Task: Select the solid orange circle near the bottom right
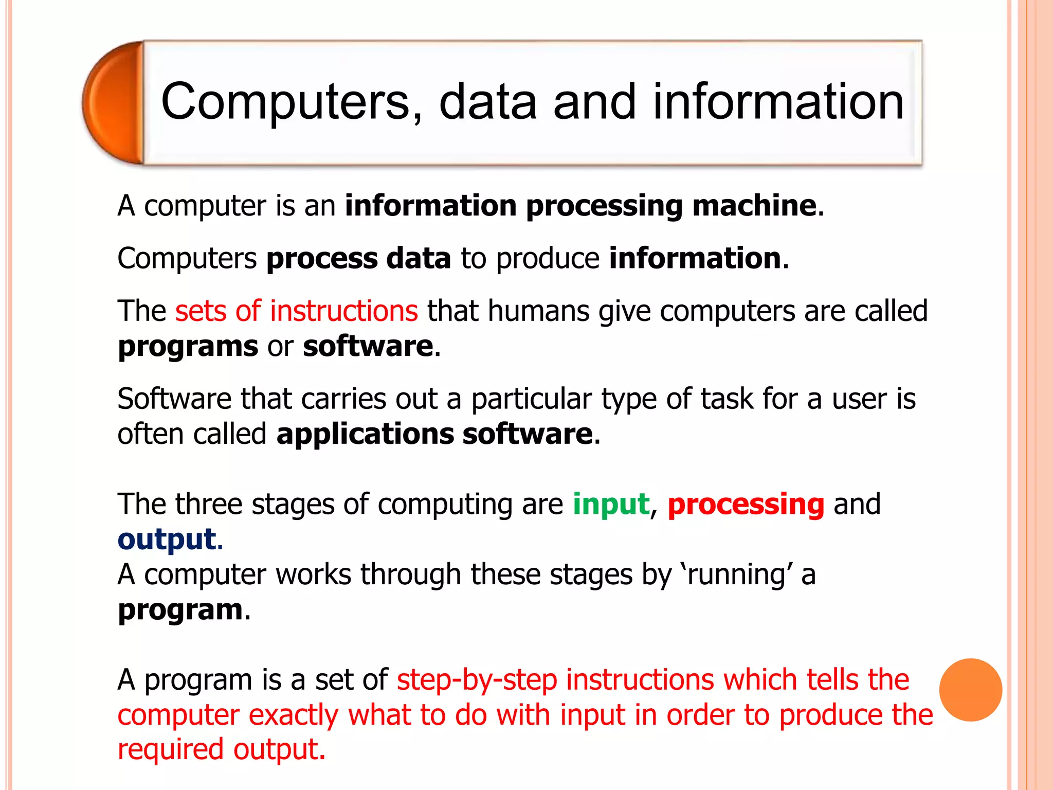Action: [x=970, y=690]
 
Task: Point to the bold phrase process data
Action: [x=358, y=258]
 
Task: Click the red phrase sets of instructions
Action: [x=297, y=311]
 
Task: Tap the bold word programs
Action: [x=188, y=346]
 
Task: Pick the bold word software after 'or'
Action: [x=368, y=346]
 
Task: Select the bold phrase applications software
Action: [x=435, y=434]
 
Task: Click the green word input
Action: [x=611, y=504]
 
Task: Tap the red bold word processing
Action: [x=746, y=505]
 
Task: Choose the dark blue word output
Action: [x=167, y=540]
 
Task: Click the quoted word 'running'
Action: [x=736, y=574]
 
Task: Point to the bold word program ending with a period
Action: [x=180, y=610]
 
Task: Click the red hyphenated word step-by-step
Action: [x=477, y=679]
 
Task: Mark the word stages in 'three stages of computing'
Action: [x=293, y=504]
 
